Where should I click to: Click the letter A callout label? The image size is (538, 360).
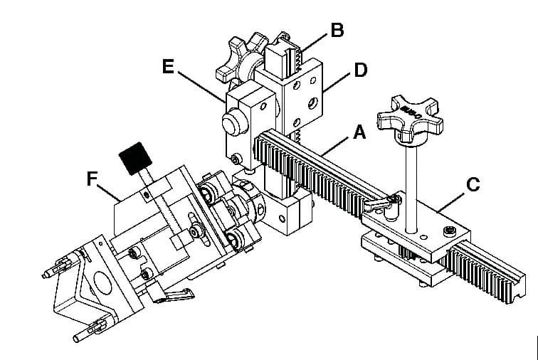point(359,132)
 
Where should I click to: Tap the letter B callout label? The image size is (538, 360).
point(337,30)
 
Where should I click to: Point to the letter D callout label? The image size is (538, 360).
point(361,71)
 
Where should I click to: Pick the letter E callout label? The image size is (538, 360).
point(168,67)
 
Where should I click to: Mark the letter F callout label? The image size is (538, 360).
point(92,179)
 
